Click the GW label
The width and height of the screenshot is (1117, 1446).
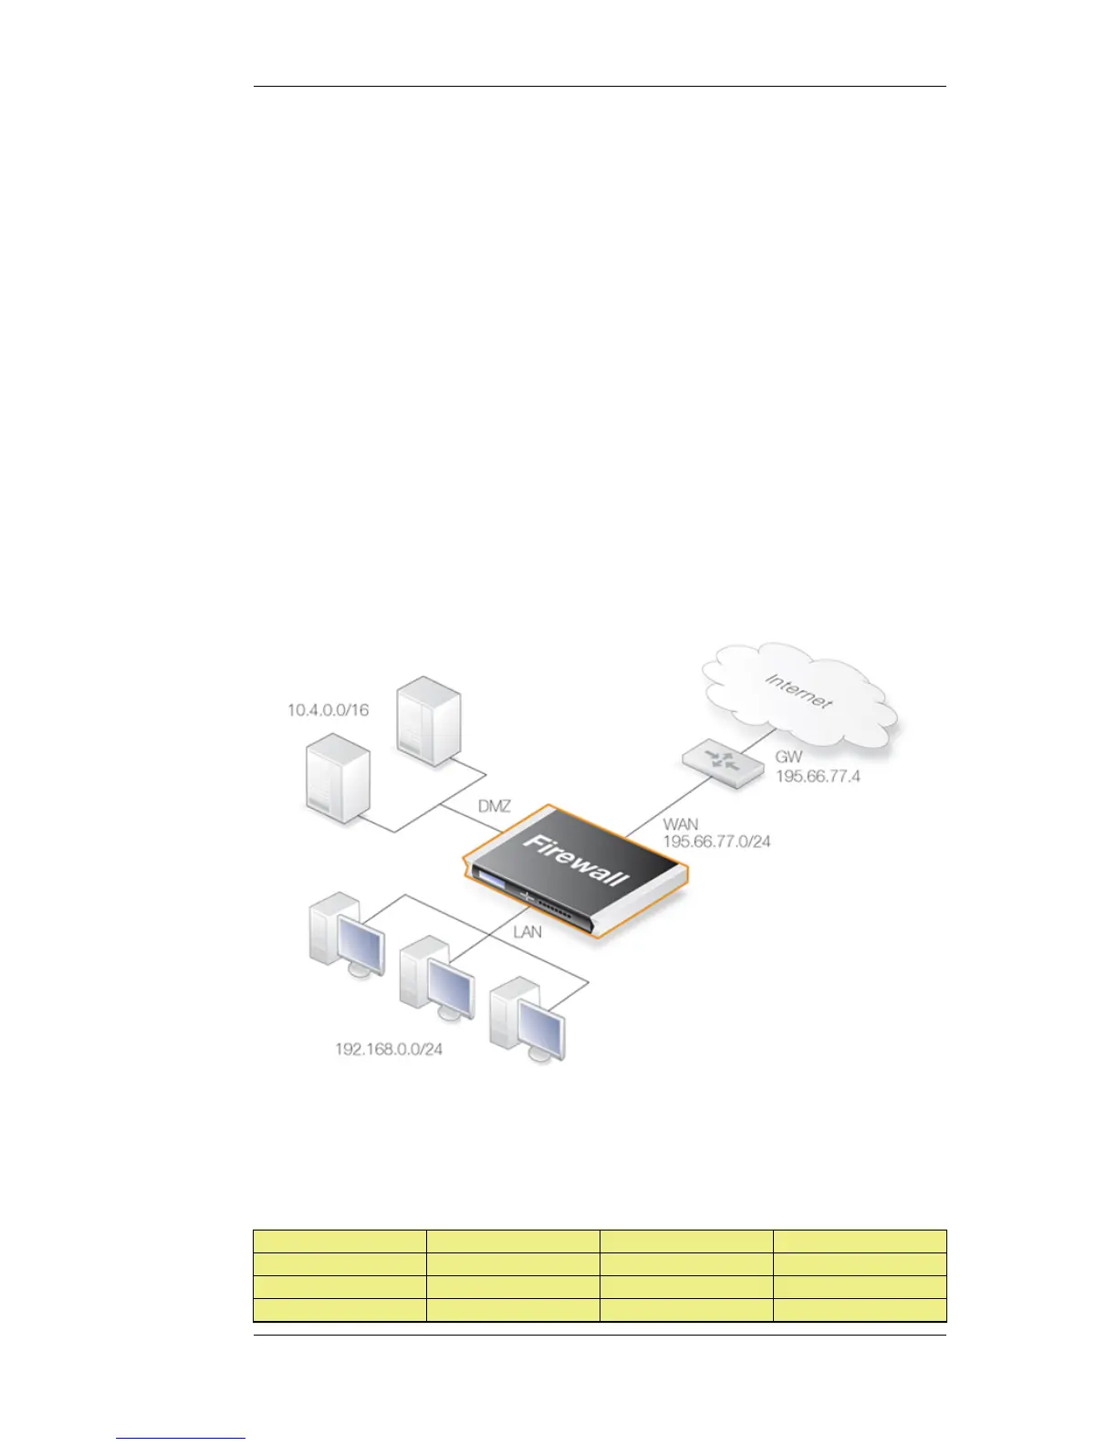[x=788, y=757]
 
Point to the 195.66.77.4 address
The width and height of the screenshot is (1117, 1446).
[x=818, y=777]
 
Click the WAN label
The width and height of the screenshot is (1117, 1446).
[x=681, y=824]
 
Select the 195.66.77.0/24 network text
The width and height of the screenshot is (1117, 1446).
[x=716, y=842]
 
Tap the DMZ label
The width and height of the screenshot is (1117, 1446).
[x=494, y=807]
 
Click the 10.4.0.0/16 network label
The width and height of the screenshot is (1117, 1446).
[x=329, y=709]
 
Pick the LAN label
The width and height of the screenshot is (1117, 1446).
[x=527, y=932]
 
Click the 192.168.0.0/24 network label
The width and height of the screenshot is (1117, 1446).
[x=389, y=1049]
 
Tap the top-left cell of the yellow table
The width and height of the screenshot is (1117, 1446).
[x=339, y=1242]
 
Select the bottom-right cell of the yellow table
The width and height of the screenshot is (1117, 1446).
[x=859, y=1310]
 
